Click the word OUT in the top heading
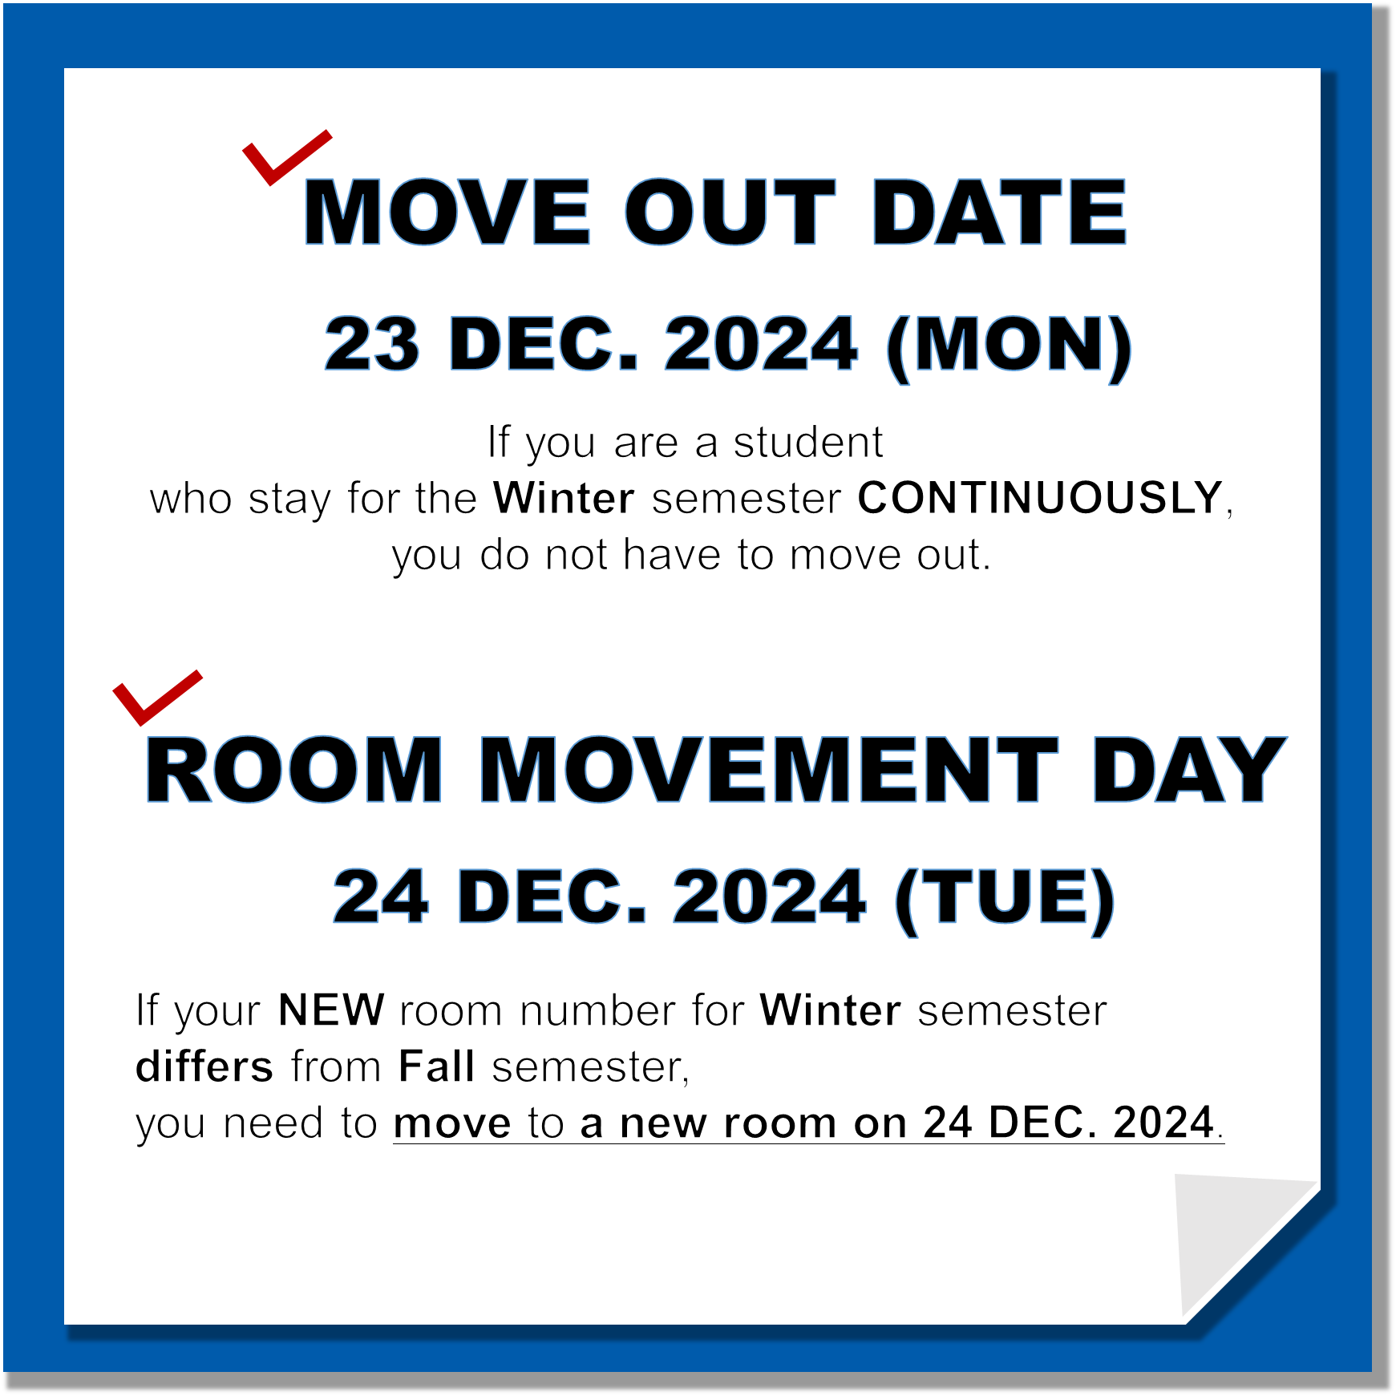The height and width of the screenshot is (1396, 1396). click(x=730, y=212)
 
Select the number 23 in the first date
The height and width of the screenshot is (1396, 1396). click(x=372, y=344)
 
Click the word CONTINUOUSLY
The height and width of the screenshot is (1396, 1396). click(x=1040, y=498)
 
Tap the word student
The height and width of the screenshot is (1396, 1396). click(x=808, y=442)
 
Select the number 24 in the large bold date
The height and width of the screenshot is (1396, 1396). click(x=381, y=896)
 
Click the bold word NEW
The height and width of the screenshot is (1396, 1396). click(x=331, y=1010)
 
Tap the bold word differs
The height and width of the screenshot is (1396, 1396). click(x=204, y=1066)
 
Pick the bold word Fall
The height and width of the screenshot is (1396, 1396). click(x=437, y=1066)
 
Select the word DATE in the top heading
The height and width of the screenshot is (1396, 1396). click(x=1000, y=212)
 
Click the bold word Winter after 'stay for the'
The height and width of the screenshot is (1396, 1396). click(x=564, y=498)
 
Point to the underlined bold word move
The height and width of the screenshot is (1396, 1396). click(x=452, y=1123)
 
